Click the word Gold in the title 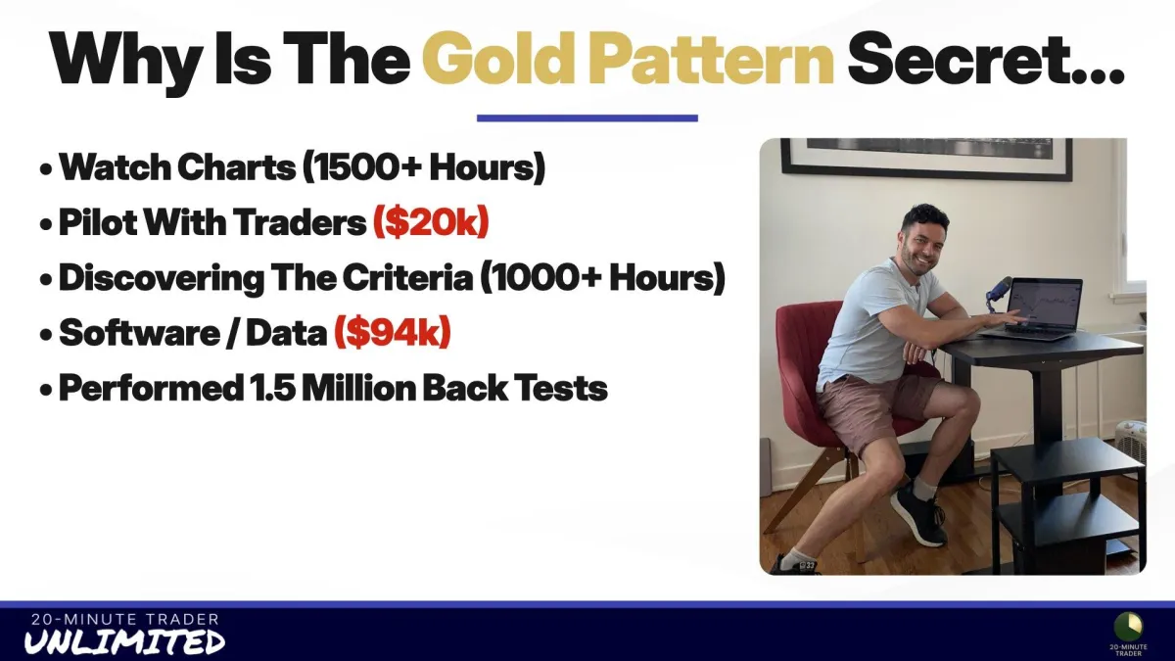coord(496,58)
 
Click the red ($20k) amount coord(431,222)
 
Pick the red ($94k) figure coord(393,332)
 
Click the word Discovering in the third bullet coord(162,277)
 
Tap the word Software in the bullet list coord(139,332)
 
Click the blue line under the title coord(587,118)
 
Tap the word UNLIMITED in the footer coord(125,641)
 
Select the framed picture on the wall coord(926,158)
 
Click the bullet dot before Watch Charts coord(46,170)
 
